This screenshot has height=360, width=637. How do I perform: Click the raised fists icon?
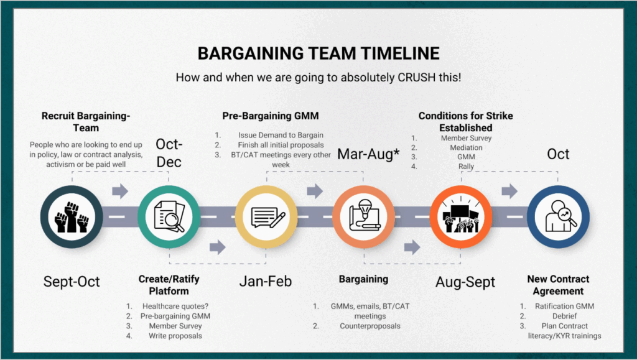(x=72, y=217)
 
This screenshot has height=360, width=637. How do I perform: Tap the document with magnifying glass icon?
(x=169, y=216)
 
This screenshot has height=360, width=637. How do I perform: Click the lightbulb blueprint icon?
(x=365, y=216)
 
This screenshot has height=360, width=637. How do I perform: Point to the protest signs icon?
(x=461, y=216)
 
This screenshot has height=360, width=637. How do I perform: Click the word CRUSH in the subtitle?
(x=416, y=77)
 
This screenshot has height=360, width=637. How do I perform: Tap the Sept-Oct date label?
(x=72, y=281)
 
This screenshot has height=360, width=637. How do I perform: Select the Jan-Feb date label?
(x=265, y=281)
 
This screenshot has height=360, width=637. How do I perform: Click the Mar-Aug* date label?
(x=368, y=154)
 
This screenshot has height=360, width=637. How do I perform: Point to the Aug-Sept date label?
(x=465, y=282)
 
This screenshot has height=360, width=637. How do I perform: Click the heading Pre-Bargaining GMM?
(x=271, y=116)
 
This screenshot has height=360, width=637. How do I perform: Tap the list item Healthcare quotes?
(x=175, y=306)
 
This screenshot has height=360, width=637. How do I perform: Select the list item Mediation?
(x=466, y=148)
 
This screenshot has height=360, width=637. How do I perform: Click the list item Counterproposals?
(x=370, y=326)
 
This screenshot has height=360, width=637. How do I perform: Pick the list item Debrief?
(x=565, y=316)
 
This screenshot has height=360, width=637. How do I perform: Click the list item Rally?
(x=466, y=167)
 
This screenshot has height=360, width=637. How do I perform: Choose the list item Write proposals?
(x=175, y=336)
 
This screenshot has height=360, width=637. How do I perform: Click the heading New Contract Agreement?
(x=558, y=285)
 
